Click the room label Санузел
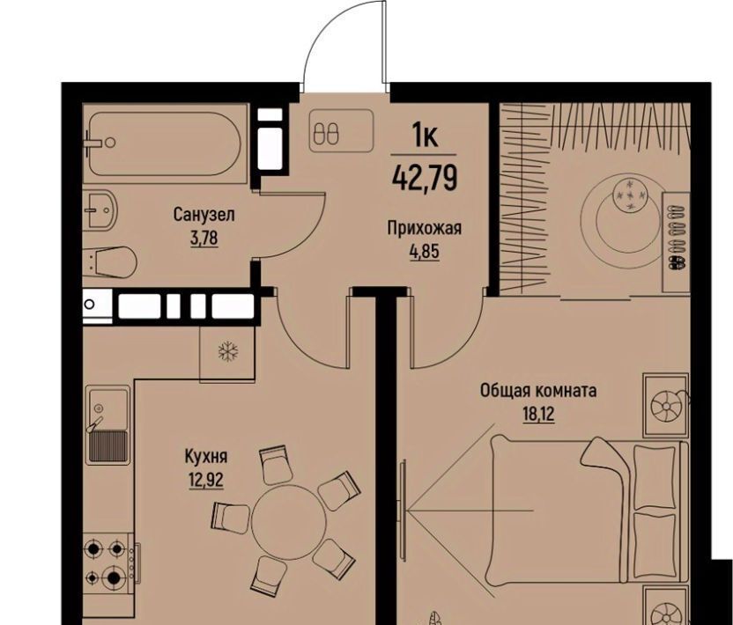[x=204, y=216]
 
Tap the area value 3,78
[x=204, y=239]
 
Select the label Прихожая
[x=425, y=228]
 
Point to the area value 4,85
[x=425, y=252]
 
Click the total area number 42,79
[x=425, y=178]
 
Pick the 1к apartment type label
[x=425, y=136]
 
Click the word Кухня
[x=206, y=456]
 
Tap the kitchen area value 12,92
[x=206, y=480]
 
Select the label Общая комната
[x=538, y=391]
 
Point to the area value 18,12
[x=538, y=414]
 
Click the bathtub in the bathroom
[x=165, y=143]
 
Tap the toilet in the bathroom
[x=110, y=261]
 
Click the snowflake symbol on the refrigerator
[x=228, y=351]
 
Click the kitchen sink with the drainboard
[x=108, y=425]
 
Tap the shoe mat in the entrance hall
[x=341, y=130]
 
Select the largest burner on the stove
[x=114, y=577]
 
